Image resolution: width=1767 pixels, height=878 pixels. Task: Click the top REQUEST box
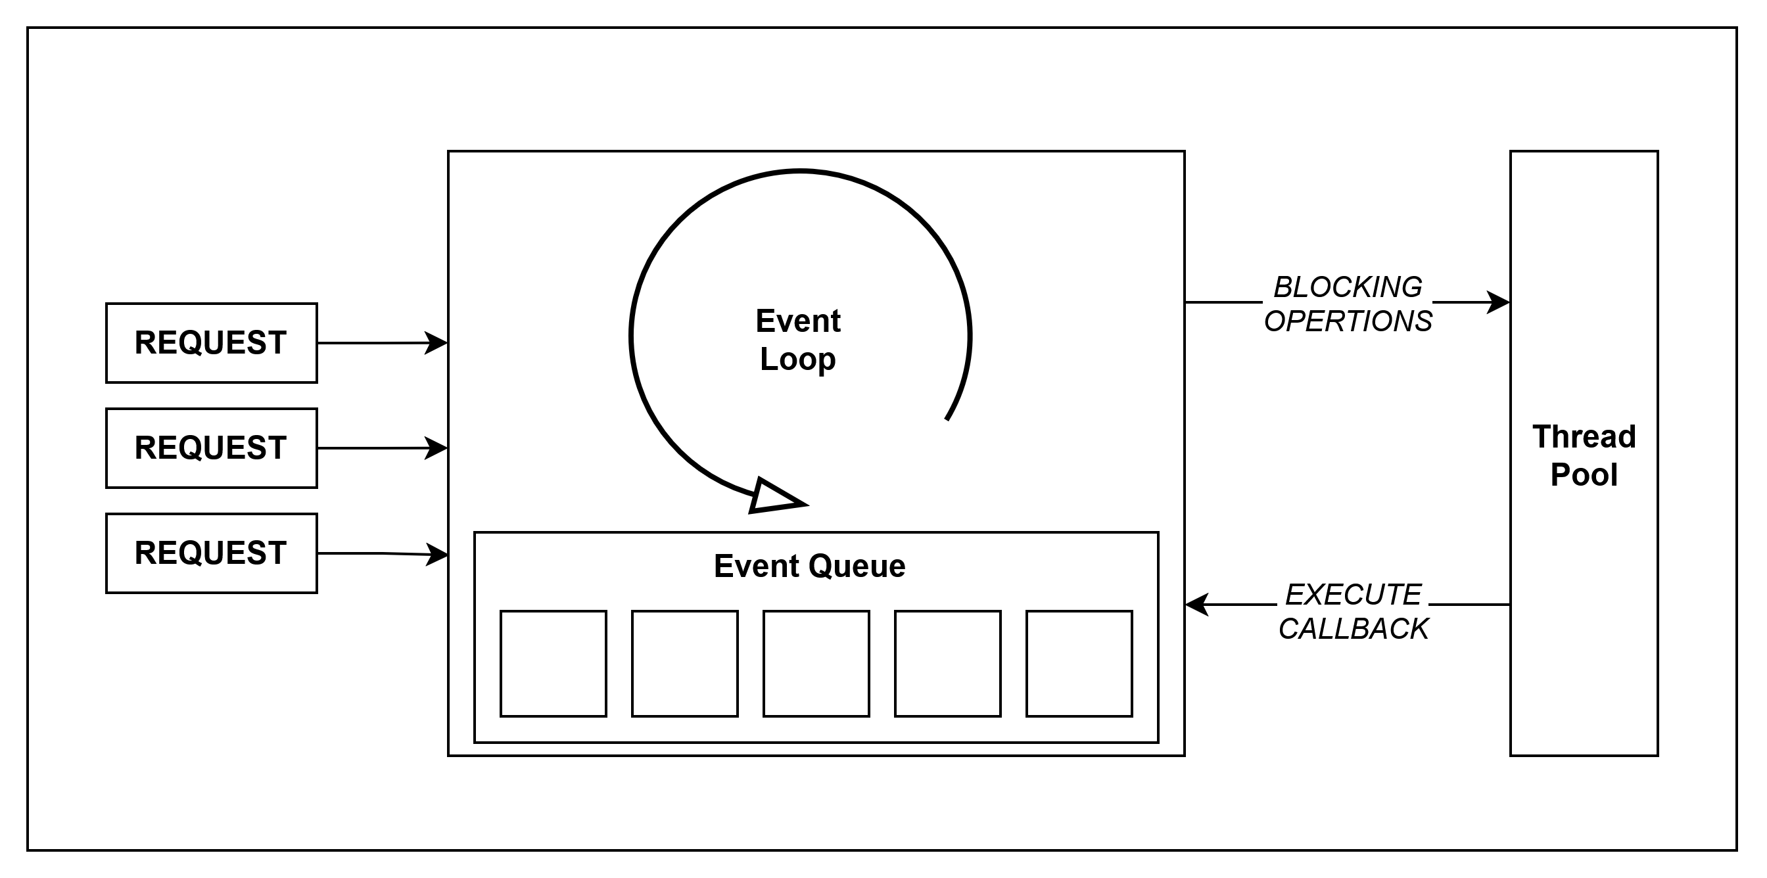pos(211,343)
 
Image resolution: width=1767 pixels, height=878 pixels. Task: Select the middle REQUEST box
pos(211,448)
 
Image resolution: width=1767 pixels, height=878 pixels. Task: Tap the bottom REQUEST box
pos(211,553)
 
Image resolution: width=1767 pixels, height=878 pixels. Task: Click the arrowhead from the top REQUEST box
pos(436,343)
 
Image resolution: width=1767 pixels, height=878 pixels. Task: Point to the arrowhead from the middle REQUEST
pos(436,448)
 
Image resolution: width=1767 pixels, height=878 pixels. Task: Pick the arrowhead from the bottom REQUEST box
pos(437,554)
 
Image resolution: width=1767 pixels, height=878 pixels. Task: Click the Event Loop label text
pos(798,340)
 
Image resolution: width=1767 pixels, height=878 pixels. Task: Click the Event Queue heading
pos(809,566)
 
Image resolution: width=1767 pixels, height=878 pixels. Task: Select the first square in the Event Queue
pos(554,663)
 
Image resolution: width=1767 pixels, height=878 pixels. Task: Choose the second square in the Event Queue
pos(684,663)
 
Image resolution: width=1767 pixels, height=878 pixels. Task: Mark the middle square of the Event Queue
pos(816,663)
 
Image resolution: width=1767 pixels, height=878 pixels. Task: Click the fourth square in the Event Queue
pos(947,663)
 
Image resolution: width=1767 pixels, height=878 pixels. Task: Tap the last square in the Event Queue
pos(1079,663)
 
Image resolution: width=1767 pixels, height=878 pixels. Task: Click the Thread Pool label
pos(1584,455)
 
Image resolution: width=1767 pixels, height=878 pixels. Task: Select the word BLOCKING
pos(1348,287)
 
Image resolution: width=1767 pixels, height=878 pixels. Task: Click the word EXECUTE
pos(1353,595)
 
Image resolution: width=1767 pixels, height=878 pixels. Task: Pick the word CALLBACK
pos(1353,629)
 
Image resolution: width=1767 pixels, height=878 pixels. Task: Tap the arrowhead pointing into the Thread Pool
pos(1498,302)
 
